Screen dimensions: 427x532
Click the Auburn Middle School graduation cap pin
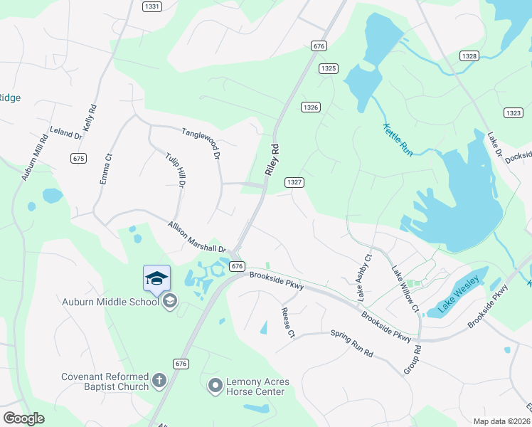(156, 278)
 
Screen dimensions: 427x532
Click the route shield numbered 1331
(151, 6)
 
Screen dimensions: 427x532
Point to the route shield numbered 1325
(328, 68)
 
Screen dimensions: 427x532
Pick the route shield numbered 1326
(310, 107)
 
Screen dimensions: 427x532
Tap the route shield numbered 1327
(295, 182)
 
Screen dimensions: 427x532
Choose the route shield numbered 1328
(469, 56)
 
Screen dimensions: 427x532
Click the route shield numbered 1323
(513, 112)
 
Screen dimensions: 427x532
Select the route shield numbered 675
(79, 158)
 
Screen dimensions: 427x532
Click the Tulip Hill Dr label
(175, 171)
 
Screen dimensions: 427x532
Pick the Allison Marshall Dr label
(196, 237)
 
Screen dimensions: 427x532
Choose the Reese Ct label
(287, 322)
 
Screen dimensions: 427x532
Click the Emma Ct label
(105, 170)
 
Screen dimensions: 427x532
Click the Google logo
(23, 418)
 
